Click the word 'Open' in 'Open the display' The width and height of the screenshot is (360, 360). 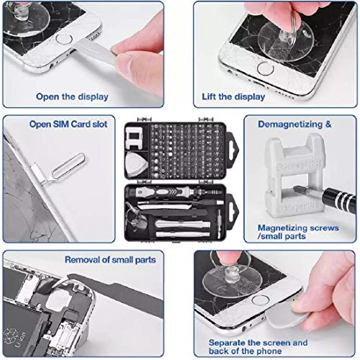coord(49,95)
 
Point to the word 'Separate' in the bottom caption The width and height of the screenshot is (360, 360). coord(228,343)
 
